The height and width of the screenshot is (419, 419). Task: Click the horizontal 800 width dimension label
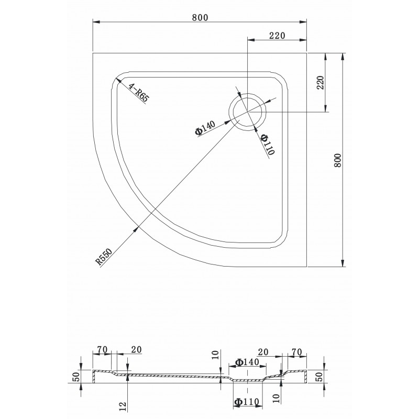pos(200,17)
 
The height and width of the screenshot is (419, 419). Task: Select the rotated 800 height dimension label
pos(338,160)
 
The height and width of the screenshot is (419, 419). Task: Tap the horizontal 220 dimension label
pos(277,36)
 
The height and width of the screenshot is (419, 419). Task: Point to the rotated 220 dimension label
pos(320,83)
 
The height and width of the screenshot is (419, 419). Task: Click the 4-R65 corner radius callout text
pos(138,93)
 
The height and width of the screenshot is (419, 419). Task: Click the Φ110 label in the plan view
pos(268,145)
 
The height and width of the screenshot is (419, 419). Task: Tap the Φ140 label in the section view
pos(247,362)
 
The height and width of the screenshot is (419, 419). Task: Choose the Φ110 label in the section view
pos(246,402)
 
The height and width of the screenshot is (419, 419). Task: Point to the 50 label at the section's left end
pos(76,377)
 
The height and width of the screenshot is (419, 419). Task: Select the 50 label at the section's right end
pos(319,377)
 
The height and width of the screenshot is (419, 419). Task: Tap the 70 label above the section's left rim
pos(102,349)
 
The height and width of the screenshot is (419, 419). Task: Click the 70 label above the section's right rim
pos(296,352)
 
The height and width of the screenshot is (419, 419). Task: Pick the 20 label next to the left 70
pos(136,349)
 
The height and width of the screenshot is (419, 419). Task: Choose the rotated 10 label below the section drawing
pos(277,398)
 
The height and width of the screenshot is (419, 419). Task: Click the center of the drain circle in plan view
pos(247,112)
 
